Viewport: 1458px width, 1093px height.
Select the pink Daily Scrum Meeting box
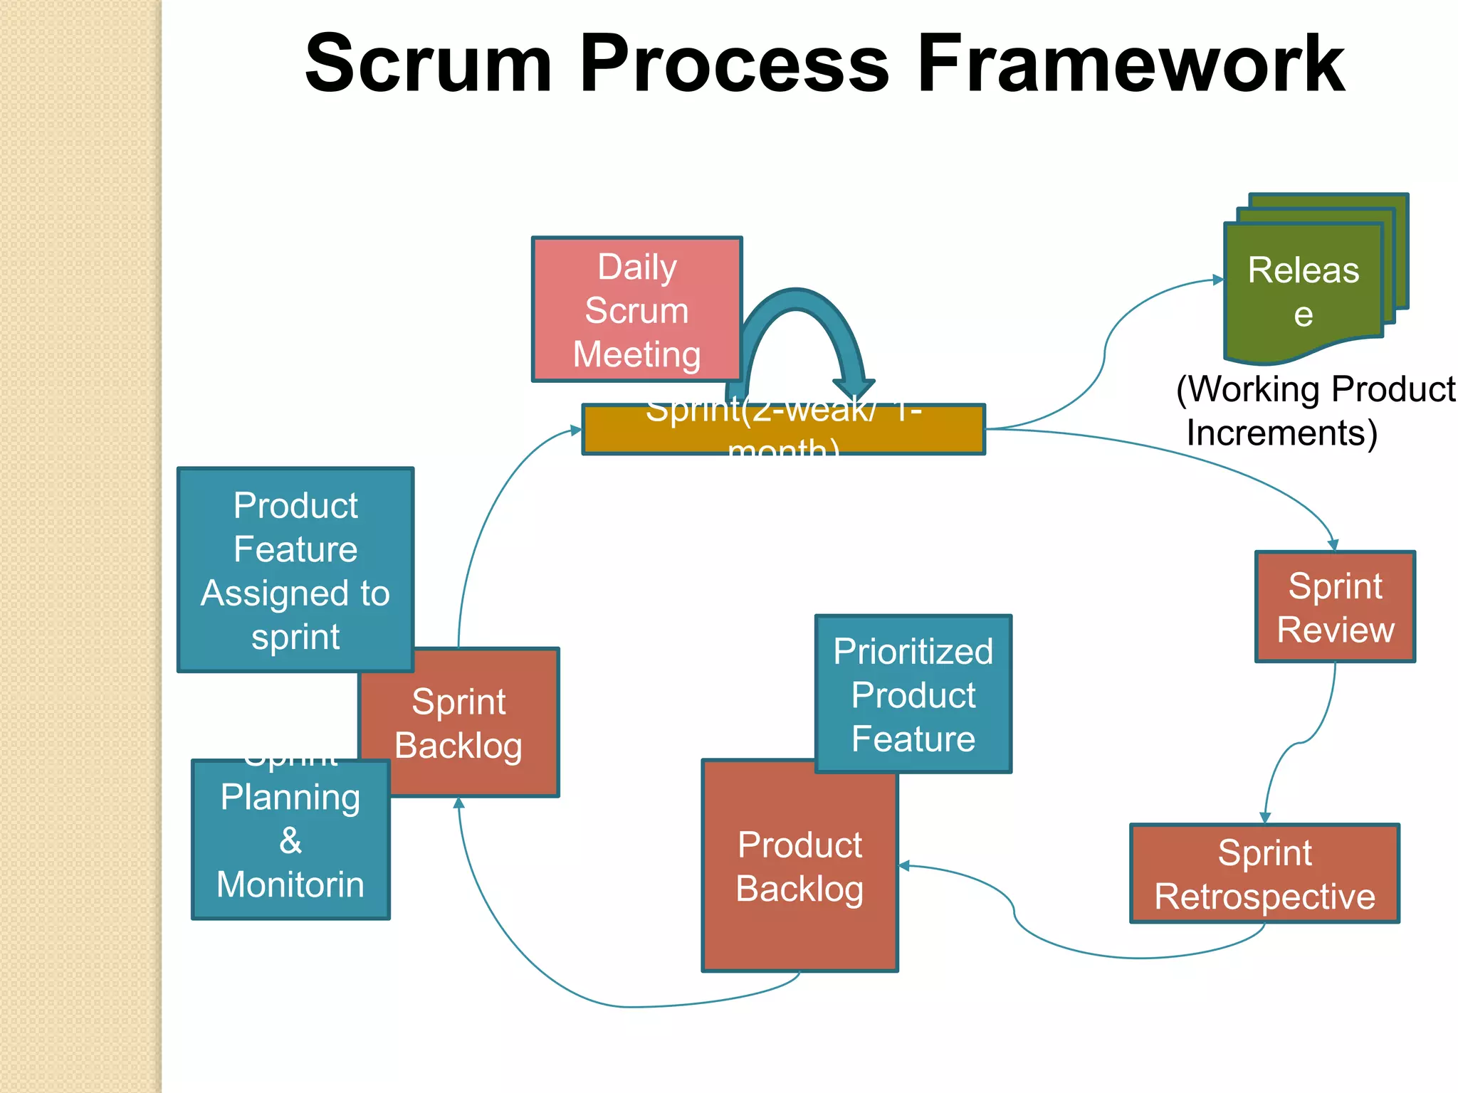point(636,310)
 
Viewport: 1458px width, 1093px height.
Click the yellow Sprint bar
point(783,430)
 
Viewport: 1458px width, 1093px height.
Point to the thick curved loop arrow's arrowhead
point(854,388)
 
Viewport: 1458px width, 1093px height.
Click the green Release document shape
point(1303,292)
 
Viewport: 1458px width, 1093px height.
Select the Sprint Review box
point(1335,607)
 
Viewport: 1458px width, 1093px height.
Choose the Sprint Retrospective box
point(1264,874)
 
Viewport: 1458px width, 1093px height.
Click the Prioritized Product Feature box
point(913,694)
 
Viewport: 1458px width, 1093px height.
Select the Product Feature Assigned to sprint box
point(295,569)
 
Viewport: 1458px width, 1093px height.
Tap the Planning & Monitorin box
point(290,840)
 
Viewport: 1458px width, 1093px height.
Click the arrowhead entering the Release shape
point(1218,280)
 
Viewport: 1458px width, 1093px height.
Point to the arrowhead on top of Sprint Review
point(1333,545)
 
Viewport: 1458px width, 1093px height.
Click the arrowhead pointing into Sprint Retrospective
point(1265,818)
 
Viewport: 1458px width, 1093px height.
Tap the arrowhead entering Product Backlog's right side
point(905,866)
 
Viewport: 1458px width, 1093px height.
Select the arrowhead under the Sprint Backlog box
point(459,803)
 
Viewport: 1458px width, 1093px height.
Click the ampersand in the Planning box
point(290,840)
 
